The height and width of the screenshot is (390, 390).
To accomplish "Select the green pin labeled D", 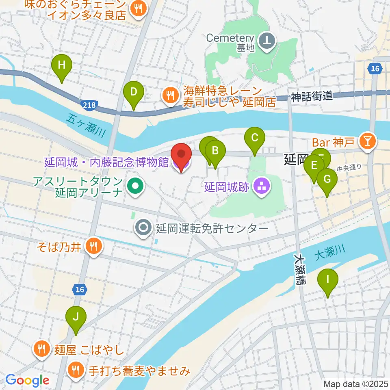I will (133, 92).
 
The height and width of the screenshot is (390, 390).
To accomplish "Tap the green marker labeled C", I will (255, 138).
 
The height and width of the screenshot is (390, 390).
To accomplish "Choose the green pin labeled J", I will (76, 317).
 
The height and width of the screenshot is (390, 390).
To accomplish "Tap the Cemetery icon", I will (268, 40).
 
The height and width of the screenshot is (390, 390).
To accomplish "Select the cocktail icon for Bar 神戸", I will (370, 141).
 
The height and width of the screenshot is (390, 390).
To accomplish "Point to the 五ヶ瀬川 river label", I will (86, 125).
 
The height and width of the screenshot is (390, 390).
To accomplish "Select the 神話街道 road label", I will (312, 96).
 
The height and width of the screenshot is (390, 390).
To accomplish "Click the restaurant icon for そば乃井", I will (94, 245).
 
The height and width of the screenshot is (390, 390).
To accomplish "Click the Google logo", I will (27, 381).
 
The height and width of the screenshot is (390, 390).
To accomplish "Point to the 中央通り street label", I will (349, 166).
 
